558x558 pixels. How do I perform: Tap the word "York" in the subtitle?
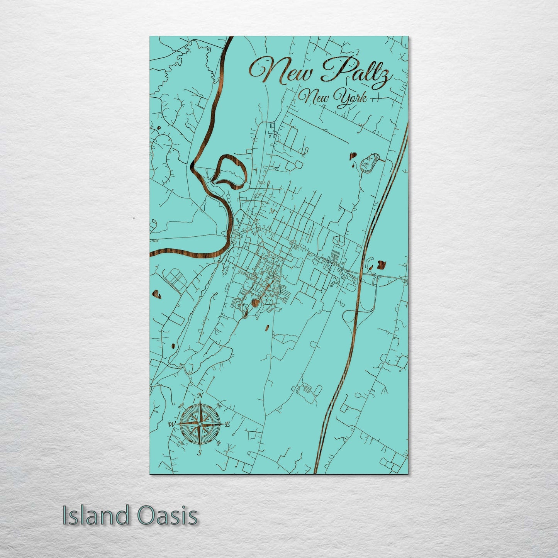click(x=351, y=97)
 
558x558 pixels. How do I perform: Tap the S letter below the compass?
click(x=200, y=452)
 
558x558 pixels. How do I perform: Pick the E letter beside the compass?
click(x=227, y=425)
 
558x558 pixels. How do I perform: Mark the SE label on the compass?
click(x=219, y=443)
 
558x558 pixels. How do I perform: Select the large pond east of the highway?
click(x=381, y=265)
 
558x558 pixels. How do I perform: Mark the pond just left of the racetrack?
click(x=352, y=156)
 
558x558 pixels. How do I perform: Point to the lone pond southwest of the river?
click(x=156, y=294)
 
